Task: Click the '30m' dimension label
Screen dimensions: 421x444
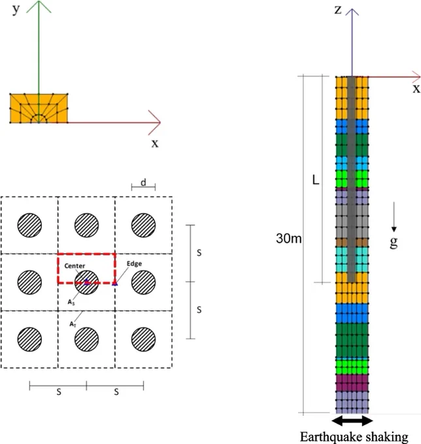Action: pos(288,238)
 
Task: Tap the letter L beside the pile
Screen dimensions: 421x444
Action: pos(316,180)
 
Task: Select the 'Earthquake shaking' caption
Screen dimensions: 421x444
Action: pos(354,437)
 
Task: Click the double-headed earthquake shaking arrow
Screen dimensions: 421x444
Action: pos(352,420)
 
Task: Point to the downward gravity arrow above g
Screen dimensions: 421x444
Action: pos(394,217)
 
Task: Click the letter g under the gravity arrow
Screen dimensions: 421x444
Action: pos(394,242)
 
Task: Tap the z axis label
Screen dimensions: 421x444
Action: pos(338,10)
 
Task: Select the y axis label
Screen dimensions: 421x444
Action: pos(16,9)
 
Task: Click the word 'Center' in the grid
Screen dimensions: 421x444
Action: pos(75,266)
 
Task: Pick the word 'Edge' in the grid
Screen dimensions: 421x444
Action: pos(134,264)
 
